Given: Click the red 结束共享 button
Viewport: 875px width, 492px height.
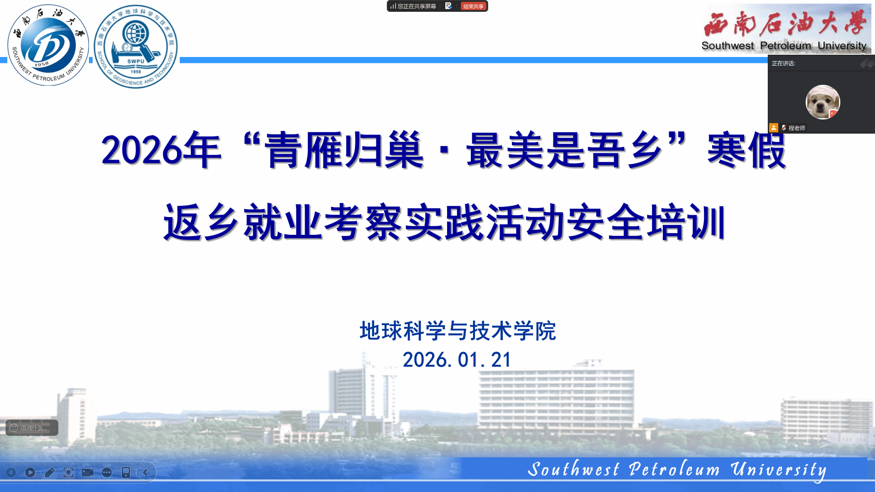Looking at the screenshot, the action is [x=474, y=6].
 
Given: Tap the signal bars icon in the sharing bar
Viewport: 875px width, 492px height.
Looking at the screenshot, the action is [x=393, y=6].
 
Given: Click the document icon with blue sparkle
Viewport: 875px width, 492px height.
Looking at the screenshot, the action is [x=448, y=6].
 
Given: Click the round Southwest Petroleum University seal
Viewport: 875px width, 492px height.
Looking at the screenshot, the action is [x=48, y=45].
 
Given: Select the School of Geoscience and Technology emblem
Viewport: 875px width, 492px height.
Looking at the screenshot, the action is [x=135, y=47].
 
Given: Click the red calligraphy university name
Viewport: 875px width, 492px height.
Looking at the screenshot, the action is [x=785, y=23].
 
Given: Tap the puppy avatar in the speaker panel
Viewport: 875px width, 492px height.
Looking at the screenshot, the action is [x=823, y=102].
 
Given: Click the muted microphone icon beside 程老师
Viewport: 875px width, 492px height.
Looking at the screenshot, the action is [x=784, y=128].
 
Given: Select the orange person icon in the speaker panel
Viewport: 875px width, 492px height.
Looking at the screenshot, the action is [x=774, y=128].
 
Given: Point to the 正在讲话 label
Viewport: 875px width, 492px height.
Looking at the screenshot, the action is [x=783, y=63].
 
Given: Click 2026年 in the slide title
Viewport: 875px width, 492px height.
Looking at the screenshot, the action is [x=161, y=150].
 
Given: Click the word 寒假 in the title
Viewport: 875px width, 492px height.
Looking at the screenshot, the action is [x=747, y=150].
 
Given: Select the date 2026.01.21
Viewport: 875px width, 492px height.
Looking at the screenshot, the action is [x=457, y=360].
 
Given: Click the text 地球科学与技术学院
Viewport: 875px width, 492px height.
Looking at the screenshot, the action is [x=458, y=331].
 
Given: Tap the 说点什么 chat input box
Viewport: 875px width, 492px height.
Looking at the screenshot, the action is [x=32, y=428].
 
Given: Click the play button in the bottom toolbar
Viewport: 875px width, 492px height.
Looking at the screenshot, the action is [x=30, y=472].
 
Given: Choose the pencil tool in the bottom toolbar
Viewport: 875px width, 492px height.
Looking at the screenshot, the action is [x=49, y=472].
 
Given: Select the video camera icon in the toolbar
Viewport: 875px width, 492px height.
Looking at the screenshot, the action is [x=88, y=472].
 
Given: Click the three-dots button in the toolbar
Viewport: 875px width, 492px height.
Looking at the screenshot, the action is [x=107, y=472].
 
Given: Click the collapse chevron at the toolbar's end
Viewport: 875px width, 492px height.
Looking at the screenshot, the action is [x=146, y=472].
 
